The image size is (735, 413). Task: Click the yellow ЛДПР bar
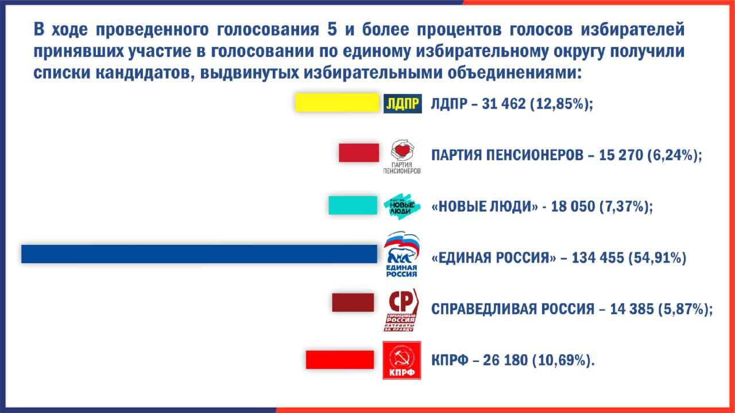pyautogui.click(x=337, y=103)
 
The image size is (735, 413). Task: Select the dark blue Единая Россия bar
pyautogui.click(x=199, y=254)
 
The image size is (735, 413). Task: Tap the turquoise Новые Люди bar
pyautogui.click(x=353, y=205)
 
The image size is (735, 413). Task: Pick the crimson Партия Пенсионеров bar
pyautogui.click(x=359, y=153)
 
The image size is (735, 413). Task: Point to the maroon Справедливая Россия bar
pyautogui.click(x=353, y=302)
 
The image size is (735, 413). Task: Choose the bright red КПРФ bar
pyautogui.click(x=339, y=360)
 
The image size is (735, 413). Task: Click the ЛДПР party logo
pyautogui.click(x=403, y=104)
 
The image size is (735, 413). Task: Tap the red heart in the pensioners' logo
pyautogui.click(x=403, y=150)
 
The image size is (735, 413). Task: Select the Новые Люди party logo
pyautogui.click(x=402, y=206)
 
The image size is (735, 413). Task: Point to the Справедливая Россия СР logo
pyautogui.click(x=401, y=310)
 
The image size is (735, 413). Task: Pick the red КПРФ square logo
pyautogui.click(x=401, y=360)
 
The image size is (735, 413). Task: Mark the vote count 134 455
pyautogui.click(x=598, y=258)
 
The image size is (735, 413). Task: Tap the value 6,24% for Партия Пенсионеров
pyautogui.click(x=674, y=155)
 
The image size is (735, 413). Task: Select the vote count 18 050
pyautogui.click(x=573, y=206)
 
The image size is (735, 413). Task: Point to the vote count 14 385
pyautogui.click(x=632, y=309)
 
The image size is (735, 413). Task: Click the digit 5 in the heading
pyautogui.click(x=332, y=29)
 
